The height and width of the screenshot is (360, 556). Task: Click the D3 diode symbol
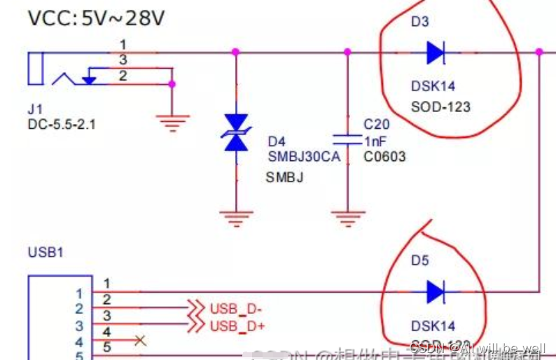[435, 52]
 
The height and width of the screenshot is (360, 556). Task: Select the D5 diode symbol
[435, 291]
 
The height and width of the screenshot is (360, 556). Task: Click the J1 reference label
[35, 109]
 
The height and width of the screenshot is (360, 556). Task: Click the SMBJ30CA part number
[304, 156]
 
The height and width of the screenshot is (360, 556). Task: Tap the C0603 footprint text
[384, 157]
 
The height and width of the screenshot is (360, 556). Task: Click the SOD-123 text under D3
[440, 107]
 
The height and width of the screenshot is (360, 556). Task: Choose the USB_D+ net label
[236, 325]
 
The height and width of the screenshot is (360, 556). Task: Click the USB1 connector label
[46, 251]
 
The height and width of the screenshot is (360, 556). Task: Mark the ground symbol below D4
[235, 219]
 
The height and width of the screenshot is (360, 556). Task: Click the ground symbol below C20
[347, 219]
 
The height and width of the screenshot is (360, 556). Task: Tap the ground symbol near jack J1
[172, 123]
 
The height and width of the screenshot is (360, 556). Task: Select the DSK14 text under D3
[433, 86]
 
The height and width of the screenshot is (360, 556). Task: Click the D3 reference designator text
[419, 22]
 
